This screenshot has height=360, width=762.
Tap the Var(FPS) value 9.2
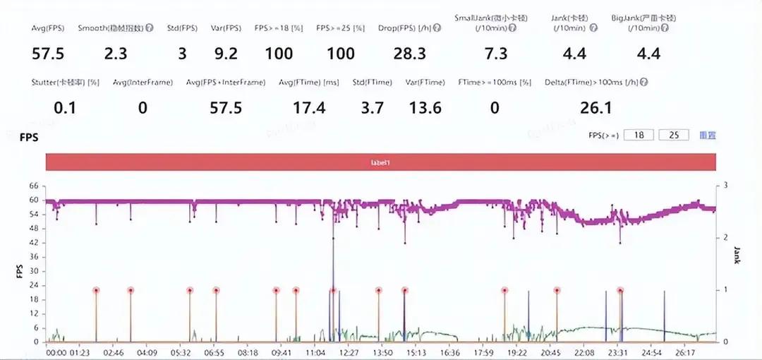pyautogui.click(x=226, y=54)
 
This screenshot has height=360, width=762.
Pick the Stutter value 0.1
pyautogui.click(x=65, y=108)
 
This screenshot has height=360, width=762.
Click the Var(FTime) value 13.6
pyautogui.click(x=426, y=108)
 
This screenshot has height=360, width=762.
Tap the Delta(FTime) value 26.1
pyautogui.click(x=597, y=108)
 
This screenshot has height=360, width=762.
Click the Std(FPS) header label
pyautogui.click(x=182, y=28)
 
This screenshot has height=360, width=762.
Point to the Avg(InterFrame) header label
pyautogui.click(x=143, y=83)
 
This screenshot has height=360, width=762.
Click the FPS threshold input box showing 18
pyautogui.click(x=639, y=135)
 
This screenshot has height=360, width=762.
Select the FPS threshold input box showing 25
pyautogui.click(x=673, y=135)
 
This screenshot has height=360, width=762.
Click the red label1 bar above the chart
pyautogui.click(x=381, y=162)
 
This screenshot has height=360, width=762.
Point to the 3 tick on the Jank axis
pyautogui.click(x=726, y=185)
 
